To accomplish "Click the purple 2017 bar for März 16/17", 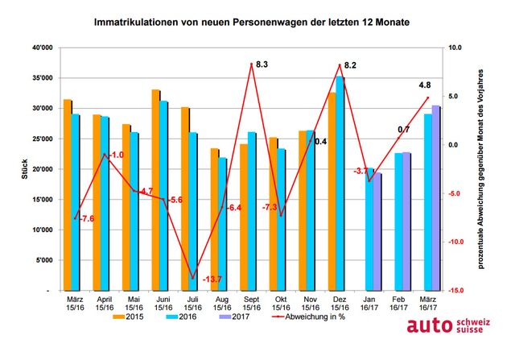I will (x=436, y=197).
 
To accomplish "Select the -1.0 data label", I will (x=116, y=155).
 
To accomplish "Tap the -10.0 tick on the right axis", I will (x=457, y=242).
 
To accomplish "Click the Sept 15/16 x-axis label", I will (x=251, y=303).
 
